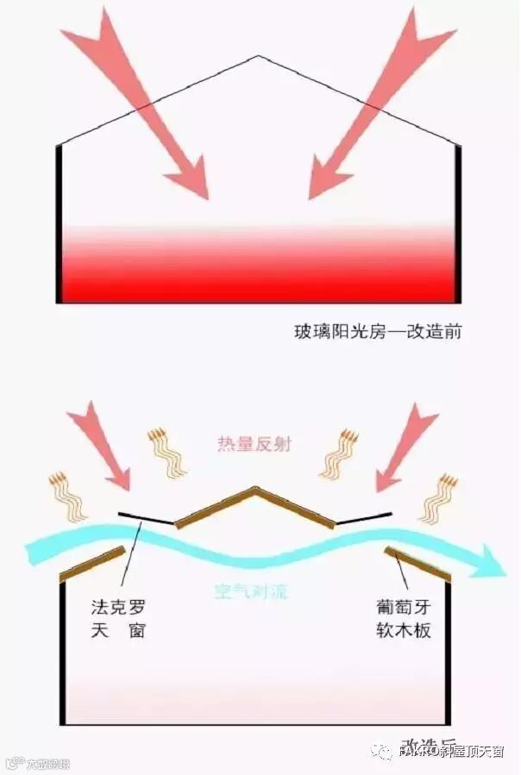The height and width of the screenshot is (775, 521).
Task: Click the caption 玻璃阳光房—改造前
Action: pos(378,331)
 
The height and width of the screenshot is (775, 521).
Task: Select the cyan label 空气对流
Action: pos(251,591)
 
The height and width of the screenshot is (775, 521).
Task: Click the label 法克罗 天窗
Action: pos(118,618)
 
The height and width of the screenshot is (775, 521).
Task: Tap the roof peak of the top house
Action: pos(258,57)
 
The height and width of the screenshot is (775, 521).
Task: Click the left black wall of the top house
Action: pos(60,224)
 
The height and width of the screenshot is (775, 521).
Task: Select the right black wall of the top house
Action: pos(457,224)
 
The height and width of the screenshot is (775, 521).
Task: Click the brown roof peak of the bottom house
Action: pos(255,491)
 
